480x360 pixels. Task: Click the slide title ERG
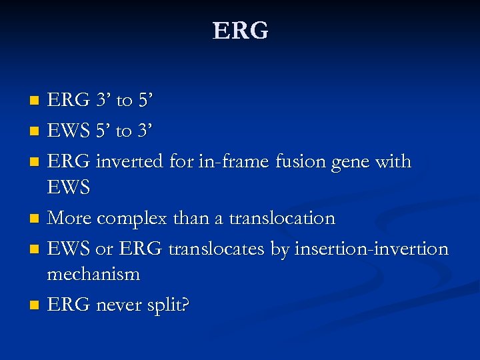coord(240,31)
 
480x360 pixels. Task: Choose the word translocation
coord(282,219)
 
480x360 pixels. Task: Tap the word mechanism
coord(93,274)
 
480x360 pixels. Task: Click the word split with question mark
coord(169,306)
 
